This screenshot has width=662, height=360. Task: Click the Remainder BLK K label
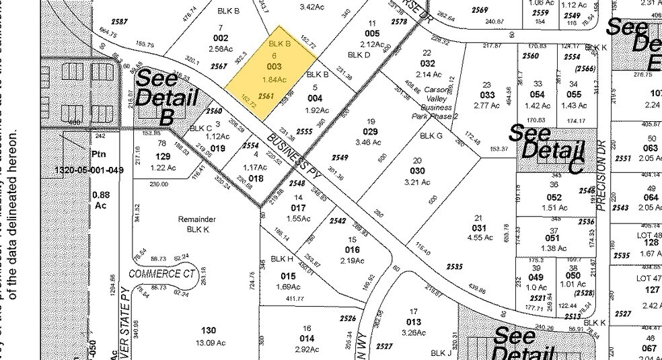(x=196, y=224)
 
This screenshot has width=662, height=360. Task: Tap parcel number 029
(x=371, y=132)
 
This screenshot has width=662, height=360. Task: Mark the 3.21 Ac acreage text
(x=416, y=181)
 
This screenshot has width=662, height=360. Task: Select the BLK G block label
(x=431, y=135)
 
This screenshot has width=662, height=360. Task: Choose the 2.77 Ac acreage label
(x=488, y=106)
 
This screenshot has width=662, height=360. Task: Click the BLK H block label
(x=282, y=258)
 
